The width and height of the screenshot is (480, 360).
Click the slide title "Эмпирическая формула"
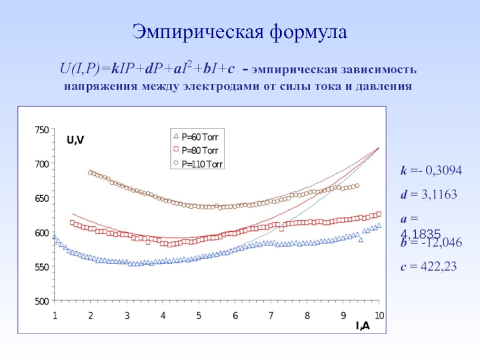(239, 32)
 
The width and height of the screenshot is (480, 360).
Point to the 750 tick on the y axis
(41, 130)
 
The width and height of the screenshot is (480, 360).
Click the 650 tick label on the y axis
(41, 198)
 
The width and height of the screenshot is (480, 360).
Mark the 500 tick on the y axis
(41, 301)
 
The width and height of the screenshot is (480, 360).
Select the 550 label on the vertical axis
(41, 266)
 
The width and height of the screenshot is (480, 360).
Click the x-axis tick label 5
(199, 315)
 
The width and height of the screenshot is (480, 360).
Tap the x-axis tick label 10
(379, 315)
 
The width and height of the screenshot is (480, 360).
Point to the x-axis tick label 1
(55, 315)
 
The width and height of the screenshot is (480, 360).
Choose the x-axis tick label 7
(271, 315)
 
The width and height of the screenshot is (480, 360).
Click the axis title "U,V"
(75, 140)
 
